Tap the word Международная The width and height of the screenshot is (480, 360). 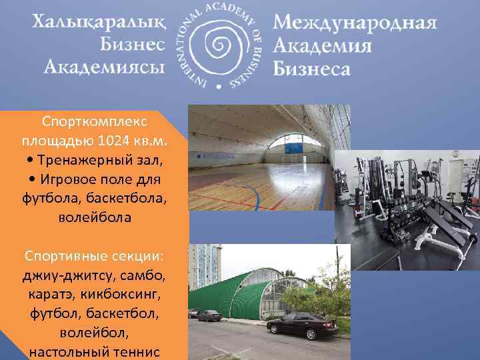(x=355, y=24)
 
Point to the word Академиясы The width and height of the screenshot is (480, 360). (x=105, y=67)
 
